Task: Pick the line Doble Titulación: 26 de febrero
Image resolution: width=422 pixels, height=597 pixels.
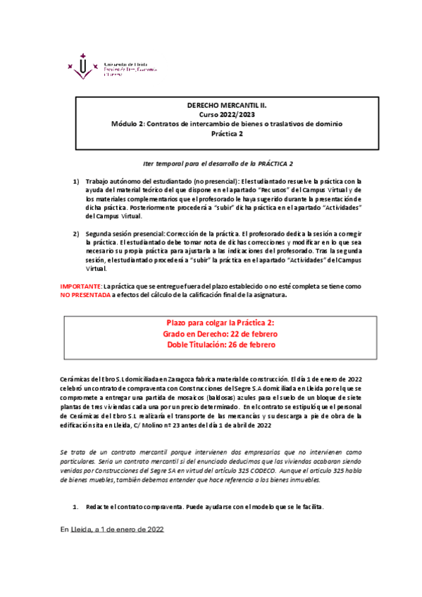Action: coord(221,344)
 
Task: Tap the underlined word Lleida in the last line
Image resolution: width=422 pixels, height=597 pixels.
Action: coord(81,510)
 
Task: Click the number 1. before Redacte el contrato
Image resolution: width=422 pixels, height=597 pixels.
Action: coord(76,487)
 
